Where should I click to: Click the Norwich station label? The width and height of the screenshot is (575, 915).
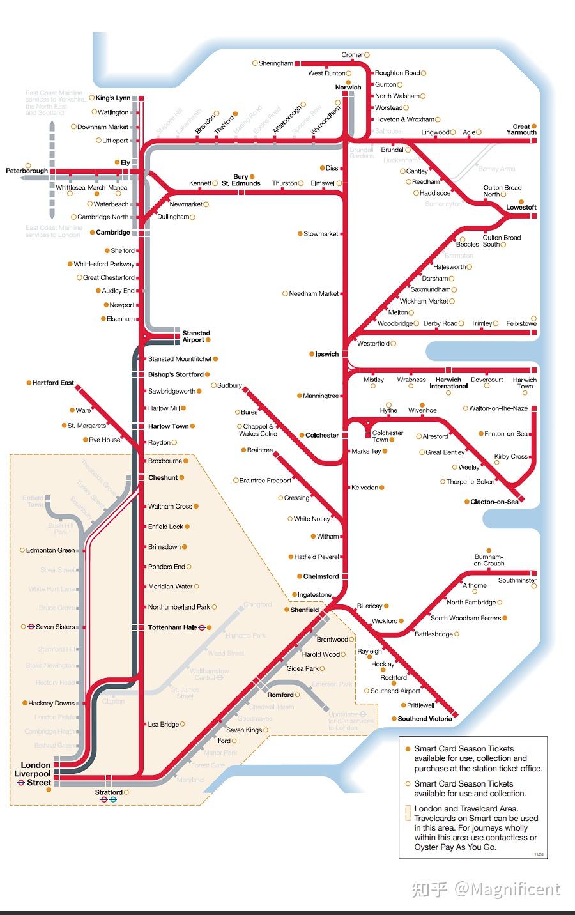coord(348,88)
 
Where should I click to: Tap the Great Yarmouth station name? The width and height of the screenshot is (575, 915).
coord(521,129)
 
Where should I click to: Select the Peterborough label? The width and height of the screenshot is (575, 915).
coord(27,171)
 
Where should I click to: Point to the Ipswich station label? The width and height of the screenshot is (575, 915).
coord(326,354)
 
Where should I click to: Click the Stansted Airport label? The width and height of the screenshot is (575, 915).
coord(195,336)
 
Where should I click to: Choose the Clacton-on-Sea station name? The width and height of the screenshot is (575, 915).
coord(494,502)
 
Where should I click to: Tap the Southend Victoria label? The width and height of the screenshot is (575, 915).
coord(424,719)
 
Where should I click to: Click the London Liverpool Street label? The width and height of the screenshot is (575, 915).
coord(35,773)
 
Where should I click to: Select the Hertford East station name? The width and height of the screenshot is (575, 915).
coord(53,383)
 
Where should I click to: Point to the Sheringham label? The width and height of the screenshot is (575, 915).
coord(275,63)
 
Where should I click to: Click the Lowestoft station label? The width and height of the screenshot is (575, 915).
coord(521,208)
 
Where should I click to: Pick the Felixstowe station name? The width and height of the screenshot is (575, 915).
coord(521,324)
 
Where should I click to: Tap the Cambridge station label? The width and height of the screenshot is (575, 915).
coord(113,233)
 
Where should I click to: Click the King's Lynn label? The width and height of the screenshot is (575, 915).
coord(113,98)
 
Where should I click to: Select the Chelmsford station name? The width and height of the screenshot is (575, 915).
coord(321,576)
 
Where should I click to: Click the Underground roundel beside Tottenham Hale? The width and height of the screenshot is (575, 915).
coord(202,627)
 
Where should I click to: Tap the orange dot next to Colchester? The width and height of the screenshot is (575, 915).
coord(301,435)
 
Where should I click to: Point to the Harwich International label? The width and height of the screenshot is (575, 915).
coord(448,383)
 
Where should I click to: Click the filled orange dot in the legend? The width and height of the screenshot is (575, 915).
coord(408,749)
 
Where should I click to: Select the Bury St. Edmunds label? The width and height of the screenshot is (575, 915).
coord(241,180)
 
